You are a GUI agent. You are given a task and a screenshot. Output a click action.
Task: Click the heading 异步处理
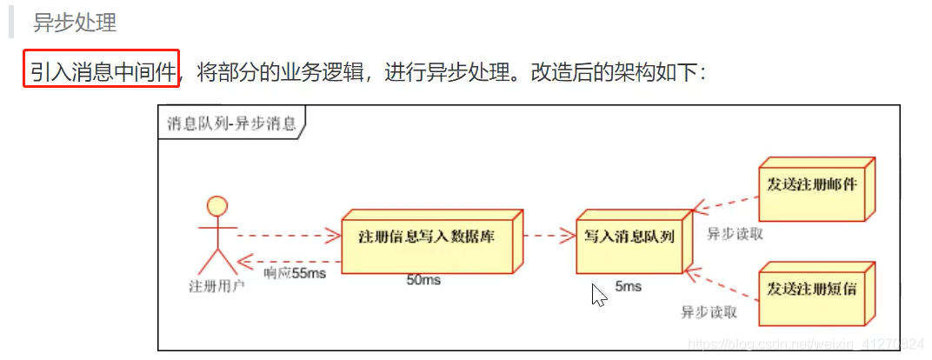coord(75,23)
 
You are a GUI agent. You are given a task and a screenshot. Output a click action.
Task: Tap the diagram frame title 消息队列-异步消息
coord(231,123)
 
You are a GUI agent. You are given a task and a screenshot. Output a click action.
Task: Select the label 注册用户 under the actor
coord(216,284)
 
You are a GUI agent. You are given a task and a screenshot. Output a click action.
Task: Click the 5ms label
coord(628,286)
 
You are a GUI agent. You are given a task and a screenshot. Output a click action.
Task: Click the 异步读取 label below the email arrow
coord(735,233)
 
